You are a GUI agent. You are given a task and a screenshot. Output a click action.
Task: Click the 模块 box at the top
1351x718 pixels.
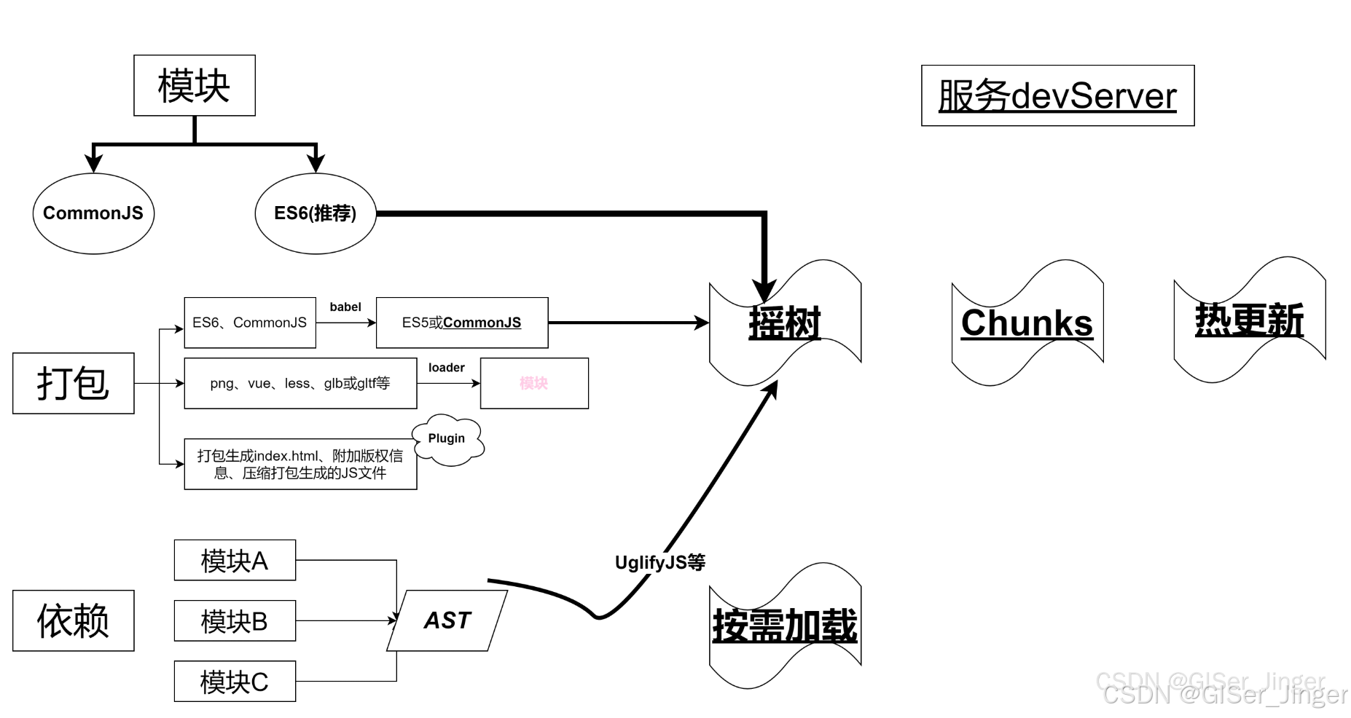point(194,85)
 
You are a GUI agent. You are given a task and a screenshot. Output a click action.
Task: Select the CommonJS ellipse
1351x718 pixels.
point(93,213)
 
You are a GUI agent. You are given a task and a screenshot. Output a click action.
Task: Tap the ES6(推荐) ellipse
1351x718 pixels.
point(315,213)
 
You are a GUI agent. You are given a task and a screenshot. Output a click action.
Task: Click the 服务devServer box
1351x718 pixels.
point(1057,95)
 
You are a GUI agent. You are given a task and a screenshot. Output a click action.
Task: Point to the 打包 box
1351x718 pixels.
point(73,383)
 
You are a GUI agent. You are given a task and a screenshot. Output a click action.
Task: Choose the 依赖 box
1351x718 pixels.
point(73,620)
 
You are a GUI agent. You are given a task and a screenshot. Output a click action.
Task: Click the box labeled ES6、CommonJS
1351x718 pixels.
point(249,323)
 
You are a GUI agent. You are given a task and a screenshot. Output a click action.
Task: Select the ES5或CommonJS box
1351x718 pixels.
point(461,323)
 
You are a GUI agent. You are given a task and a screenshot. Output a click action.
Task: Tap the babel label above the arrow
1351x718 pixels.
point(345,307)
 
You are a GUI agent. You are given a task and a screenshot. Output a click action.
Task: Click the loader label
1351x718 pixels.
point(446,368)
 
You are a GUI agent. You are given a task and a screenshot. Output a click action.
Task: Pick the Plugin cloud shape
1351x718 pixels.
point(447,438)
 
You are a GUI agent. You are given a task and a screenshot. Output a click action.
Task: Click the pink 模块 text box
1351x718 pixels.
point(533,383)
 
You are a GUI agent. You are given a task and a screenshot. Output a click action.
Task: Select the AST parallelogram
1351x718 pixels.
point(447,620)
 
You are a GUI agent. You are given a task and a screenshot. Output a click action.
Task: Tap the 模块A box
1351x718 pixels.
point(235,560)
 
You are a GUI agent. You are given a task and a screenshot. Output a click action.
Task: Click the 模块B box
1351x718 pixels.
point(235,621)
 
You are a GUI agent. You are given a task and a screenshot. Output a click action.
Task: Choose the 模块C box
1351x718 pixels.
point(235,682)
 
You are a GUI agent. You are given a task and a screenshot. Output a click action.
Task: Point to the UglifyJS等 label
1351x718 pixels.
point(659,562)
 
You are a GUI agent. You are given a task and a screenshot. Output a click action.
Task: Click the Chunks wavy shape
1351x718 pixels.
point(1027,323)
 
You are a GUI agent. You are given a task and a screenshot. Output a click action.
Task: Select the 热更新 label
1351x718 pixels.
point(1249,320)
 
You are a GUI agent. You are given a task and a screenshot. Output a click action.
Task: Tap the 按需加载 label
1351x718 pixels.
point(785,626)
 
